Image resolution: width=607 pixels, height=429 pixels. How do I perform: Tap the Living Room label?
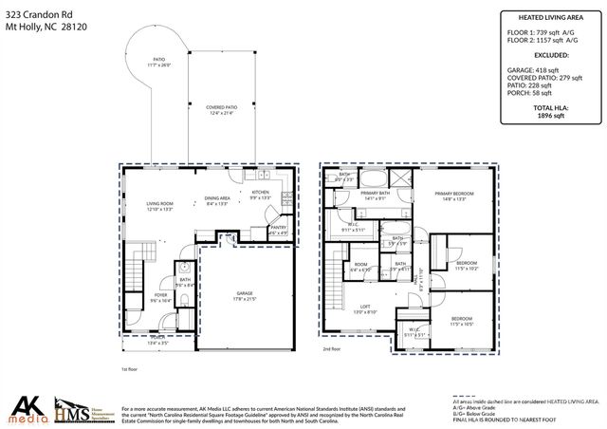(158, 206)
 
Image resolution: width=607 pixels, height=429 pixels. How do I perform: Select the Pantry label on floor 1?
(278, 229)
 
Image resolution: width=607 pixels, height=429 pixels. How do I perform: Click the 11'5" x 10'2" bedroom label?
(466, 266)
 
